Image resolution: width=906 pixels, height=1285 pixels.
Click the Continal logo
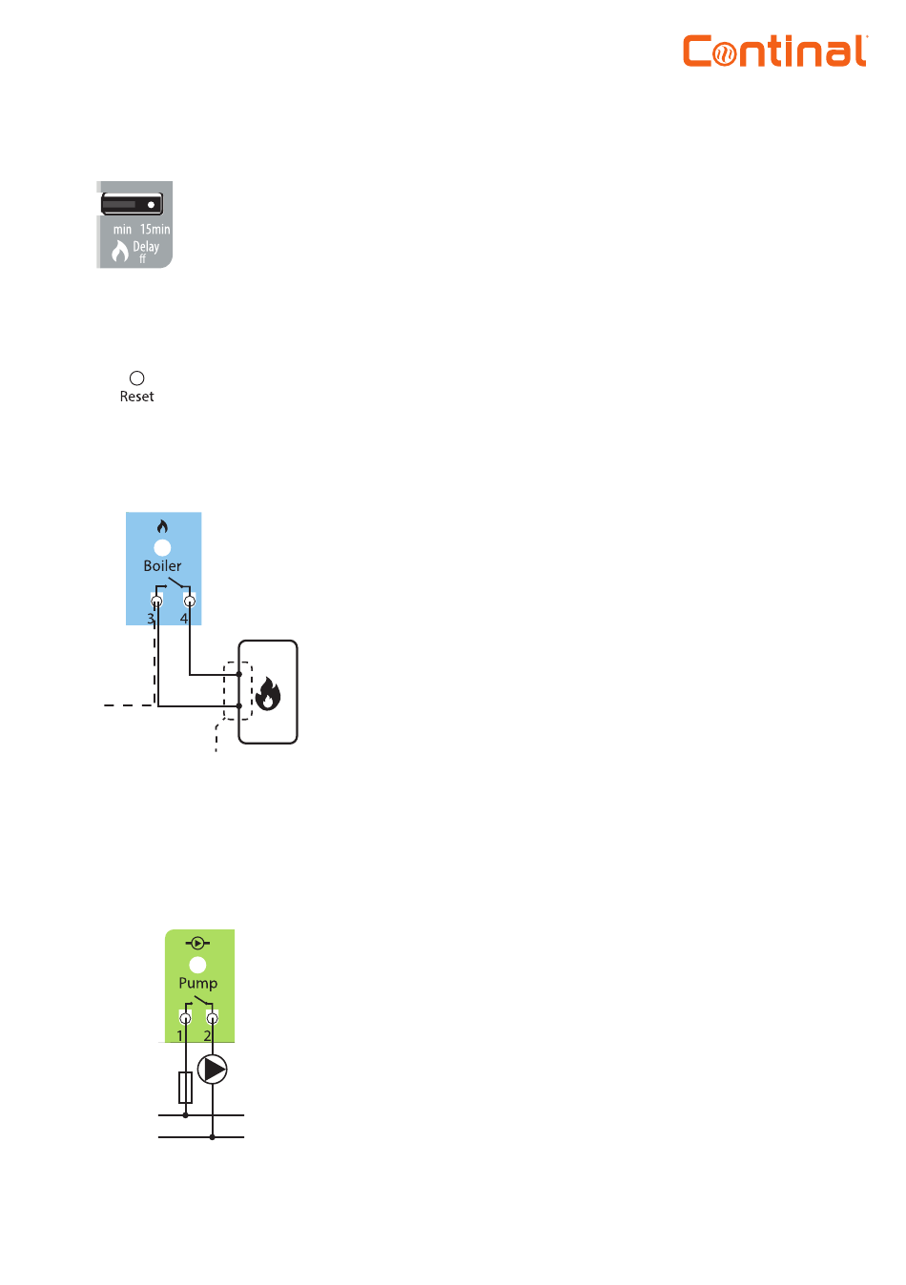(774, 51)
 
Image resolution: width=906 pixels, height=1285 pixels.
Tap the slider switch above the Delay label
(132, 204)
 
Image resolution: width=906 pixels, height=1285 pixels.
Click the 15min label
(154, 229)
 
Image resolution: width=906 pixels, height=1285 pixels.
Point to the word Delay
(146, 247)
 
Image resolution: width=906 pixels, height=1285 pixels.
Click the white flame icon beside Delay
(120, 251)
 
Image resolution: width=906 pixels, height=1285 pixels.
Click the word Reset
(136, 397)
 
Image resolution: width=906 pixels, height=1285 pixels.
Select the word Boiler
(162, 565)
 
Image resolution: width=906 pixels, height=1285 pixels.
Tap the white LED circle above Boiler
(162, 547)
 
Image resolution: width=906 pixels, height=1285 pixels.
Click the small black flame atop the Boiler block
(162, 526)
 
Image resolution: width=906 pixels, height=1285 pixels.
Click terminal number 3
(151, 619)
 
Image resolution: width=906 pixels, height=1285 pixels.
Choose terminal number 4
(184, 619)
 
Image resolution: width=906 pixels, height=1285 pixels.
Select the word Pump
(198, 983)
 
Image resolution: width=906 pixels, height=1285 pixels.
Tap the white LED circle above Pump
(198, 965)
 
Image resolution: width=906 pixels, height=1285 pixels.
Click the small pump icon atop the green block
(198, 943)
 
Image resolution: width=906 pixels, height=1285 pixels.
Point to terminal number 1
(179, 1035)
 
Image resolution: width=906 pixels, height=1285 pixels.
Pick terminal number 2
(207, 1035)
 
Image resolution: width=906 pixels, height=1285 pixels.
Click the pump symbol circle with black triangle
(213, 1070)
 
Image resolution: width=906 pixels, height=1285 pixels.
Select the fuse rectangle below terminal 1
(185, 1087)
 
